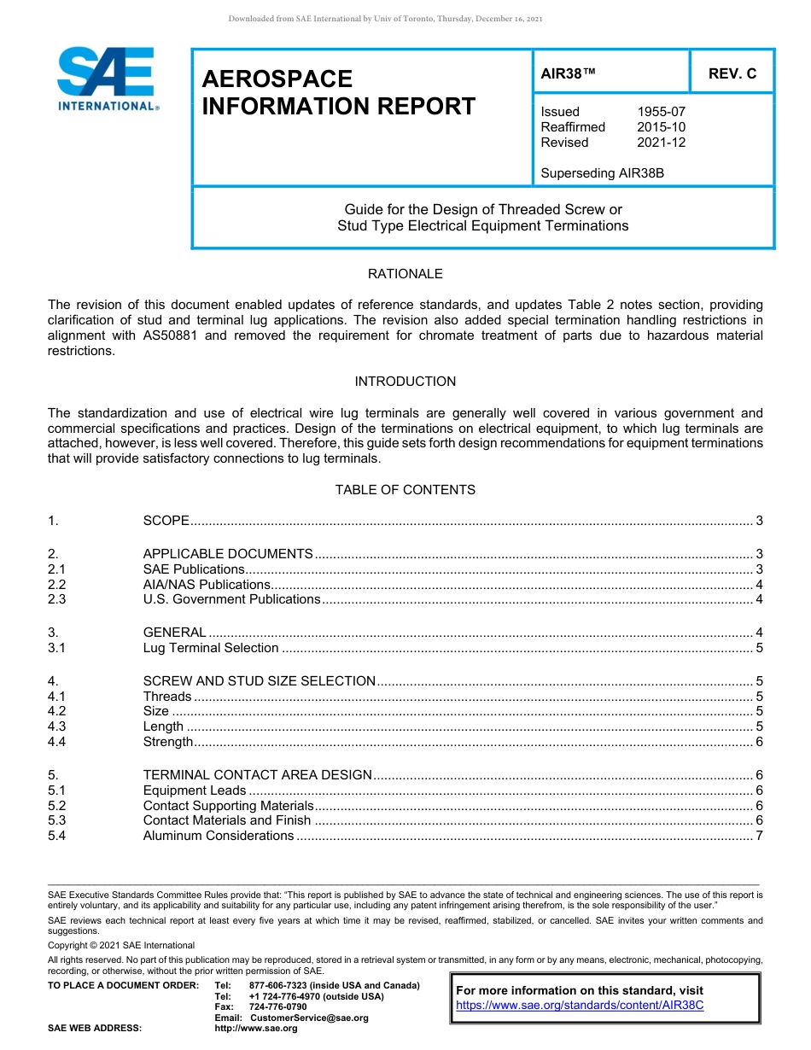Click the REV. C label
tap(732, 74)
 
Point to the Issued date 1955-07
tap(661, 112)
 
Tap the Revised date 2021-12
tap(661, 143)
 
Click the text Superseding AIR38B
tap(602, 173)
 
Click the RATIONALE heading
tap(405, 274)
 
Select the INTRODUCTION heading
tap(405, 382)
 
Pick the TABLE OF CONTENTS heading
tap(405, 490)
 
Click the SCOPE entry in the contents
tap(166, 521)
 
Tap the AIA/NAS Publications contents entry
tap(207, 585)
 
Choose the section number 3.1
tap(57, 648)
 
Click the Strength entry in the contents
tap(168, 742)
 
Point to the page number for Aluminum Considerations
tap(759, 836)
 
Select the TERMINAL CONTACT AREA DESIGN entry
tap(257, 775)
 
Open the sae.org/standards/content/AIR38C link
tap(580, 1006)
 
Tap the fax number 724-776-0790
tap(277, 1006)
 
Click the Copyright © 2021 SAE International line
tap(121, 945)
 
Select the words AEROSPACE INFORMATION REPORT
tap(338, 92)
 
